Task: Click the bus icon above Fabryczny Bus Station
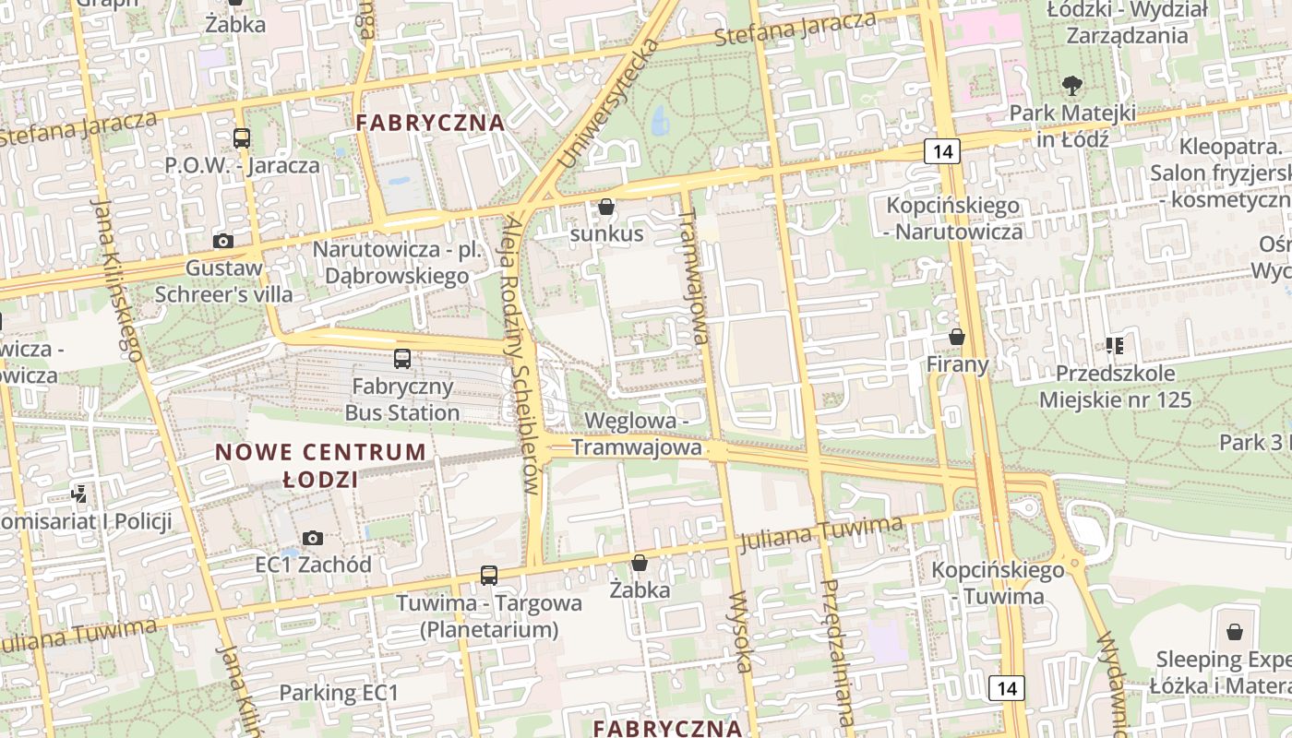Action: [x=402, y=359]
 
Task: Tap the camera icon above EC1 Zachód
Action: [x=313, y=538]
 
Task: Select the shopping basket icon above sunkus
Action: [x=606, y=207]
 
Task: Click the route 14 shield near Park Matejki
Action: [x=942, y=151]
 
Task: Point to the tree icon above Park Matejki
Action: [x=1071, y=87]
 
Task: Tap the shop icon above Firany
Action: [x=957, y=338]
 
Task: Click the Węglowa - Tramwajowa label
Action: [x=636, y=434]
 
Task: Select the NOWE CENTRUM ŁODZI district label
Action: [x=320, y=466]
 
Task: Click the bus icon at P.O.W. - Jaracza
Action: [x=242, y=138]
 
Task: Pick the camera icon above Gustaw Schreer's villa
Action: [x=222, y=242]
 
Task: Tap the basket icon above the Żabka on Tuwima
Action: [x=639, y=563]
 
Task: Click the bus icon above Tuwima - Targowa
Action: [x=489, y=576]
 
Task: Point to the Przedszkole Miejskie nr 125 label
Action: [x=1116, y=387]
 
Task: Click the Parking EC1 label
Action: [x=339, y=693]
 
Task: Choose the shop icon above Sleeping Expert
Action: [x=1235, y=632]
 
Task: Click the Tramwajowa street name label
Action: [x=694, y=275]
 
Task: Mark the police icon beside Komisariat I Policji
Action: [x=80, y=494]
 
